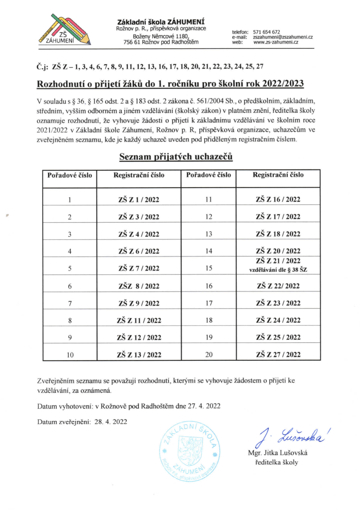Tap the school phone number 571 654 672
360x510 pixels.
(x=266, y=32)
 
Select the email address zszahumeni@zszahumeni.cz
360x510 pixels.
(x=283, y=37)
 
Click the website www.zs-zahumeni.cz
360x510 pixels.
(x=276, y=42)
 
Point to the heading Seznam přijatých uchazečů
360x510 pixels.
(x=176, y=157)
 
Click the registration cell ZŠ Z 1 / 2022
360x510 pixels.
(x=139, y=200)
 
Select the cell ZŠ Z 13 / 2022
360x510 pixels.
(x=139, y=355)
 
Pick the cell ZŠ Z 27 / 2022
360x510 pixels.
(x=278, y=355)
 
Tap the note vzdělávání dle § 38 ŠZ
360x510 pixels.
(x=278, y=270)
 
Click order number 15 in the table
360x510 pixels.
(x=209, y=268)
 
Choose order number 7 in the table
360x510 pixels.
(x=70, y=304)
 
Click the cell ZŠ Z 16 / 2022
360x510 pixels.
(x=278, y=199)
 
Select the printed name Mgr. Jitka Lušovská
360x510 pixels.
(x=278, y=453)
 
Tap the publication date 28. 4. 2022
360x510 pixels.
(x=111, y=422)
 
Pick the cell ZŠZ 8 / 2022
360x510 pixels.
(x=139, y=286)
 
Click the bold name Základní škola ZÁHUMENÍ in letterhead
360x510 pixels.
(x=161, y=22)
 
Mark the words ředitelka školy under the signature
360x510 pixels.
(x=276, y=462)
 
